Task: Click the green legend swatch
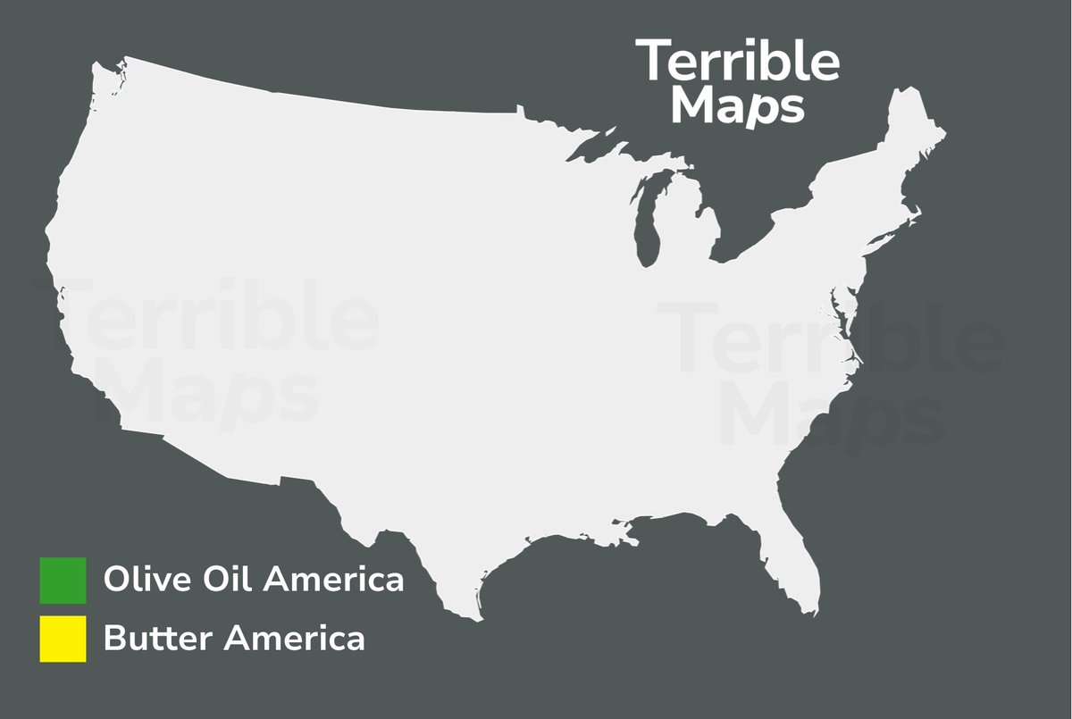(x=63, y=581)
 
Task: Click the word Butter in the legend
(x=157, y=639)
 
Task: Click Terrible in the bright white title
(x=738, y=62)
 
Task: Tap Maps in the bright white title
(x=738, y=105)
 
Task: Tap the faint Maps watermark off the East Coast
(x=831, y=420)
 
